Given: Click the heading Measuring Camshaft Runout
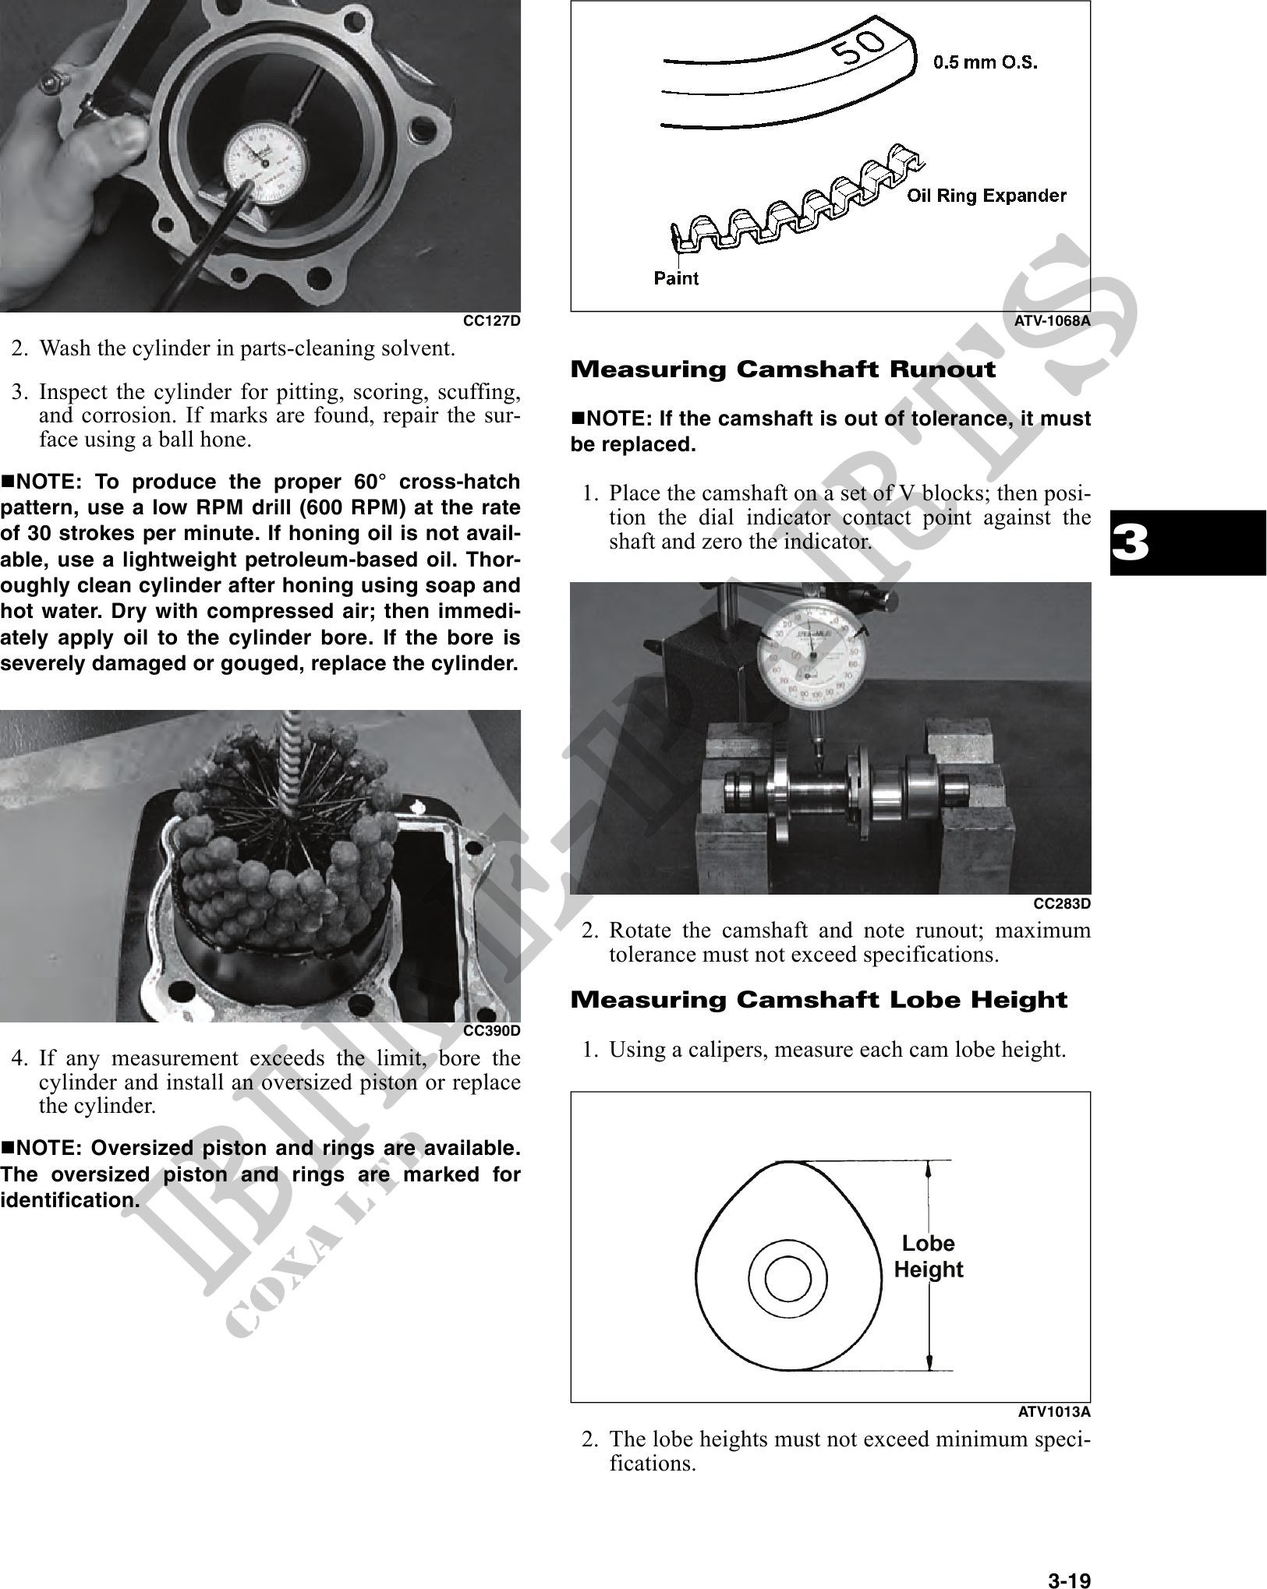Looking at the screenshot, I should point(783,369).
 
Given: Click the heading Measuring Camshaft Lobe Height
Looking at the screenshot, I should point(819,1000).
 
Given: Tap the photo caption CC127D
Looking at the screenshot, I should point(492,321).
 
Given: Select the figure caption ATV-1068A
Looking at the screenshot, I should point(1053,320).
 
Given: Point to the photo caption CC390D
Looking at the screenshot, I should point(492,1030).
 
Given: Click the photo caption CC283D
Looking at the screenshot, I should point(1062,903).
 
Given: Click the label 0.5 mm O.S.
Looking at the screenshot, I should point(986,62).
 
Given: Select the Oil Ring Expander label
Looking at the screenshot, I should point(986,196).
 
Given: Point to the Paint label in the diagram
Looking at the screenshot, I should point(676,278).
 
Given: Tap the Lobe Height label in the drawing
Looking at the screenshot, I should point(928,1256).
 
